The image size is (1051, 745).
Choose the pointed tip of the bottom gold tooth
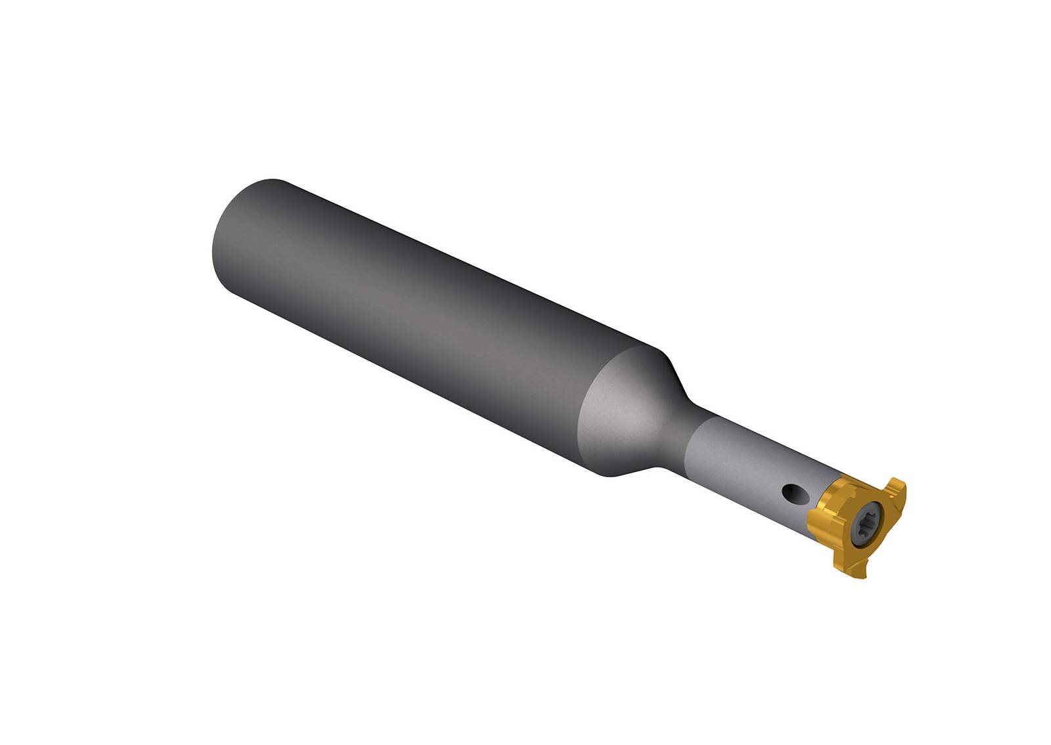point(866,578)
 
